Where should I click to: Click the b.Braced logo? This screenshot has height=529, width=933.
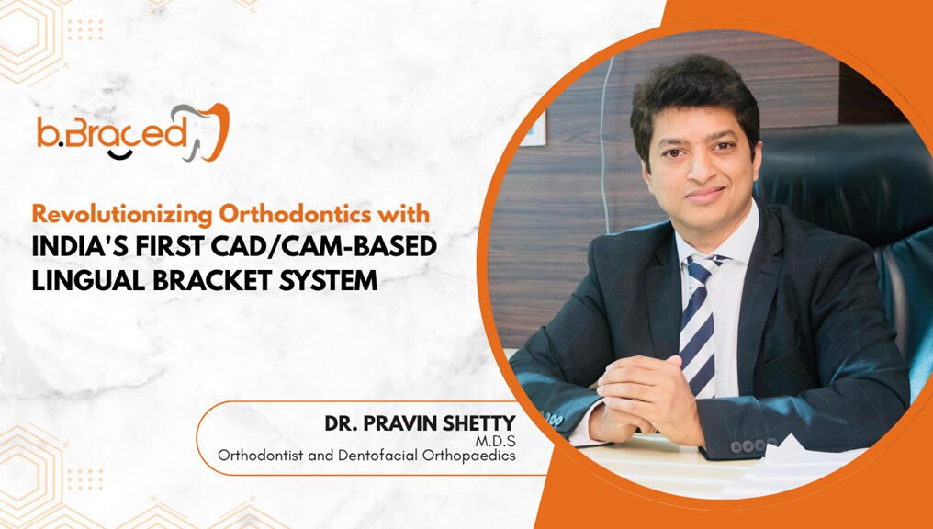tap(132, 132)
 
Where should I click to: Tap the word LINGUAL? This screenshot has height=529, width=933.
tap(89, 280)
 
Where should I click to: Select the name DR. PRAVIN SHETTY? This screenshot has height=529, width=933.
tap(420, 423)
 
